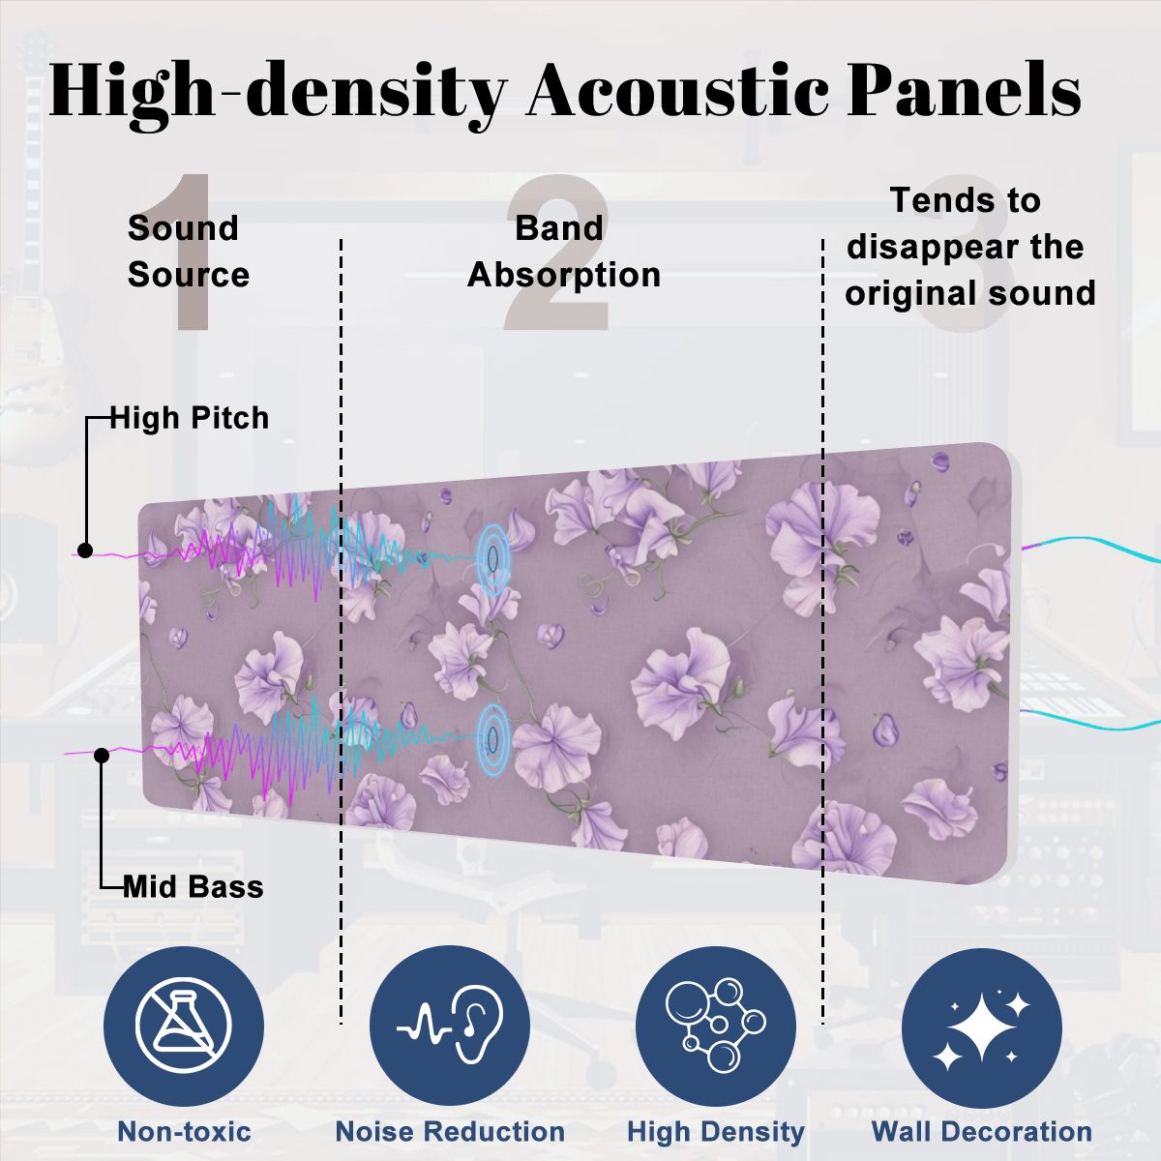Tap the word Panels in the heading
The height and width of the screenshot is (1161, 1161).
point(964,90)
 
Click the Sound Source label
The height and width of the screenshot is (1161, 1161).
point(189,252)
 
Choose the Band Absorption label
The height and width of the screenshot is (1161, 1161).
point(564,252)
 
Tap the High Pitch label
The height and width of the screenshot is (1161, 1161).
point(190,418)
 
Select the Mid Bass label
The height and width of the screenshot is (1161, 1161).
point(193,887)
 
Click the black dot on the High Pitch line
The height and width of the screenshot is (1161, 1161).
point(85,551)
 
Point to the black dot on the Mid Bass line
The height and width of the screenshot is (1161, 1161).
point(102,755)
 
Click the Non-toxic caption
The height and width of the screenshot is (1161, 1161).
point(185,1131)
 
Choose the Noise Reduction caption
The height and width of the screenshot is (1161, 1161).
point(450,1131)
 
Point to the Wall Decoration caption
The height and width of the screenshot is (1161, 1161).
point(982,1131)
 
